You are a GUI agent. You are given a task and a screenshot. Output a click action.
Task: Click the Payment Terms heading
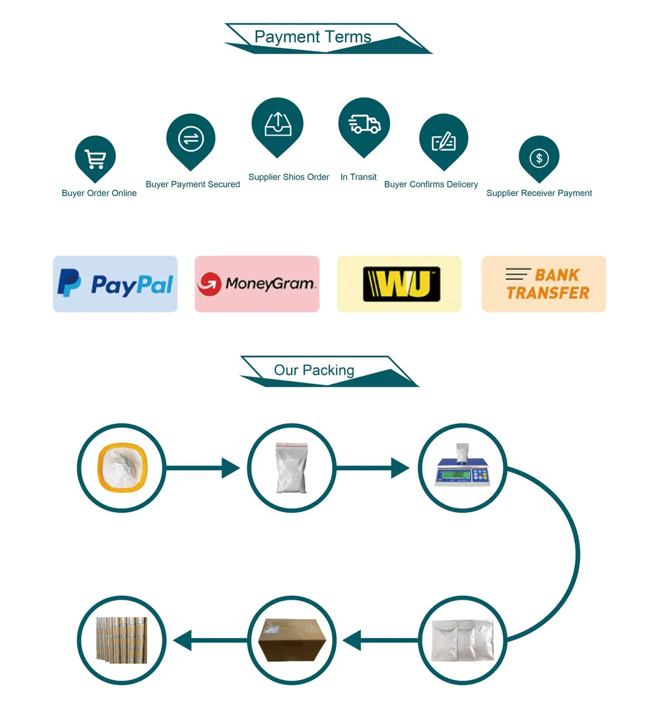tap(312, 37)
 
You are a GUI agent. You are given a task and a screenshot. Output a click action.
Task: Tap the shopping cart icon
tap(95, 159)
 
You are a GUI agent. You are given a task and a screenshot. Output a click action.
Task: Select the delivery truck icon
tap(364, 124)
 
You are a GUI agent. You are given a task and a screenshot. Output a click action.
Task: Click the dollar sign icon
tap(539, 158)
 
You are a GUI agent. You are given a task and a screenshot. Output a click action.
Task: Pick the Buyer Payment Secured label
tap(192, 184)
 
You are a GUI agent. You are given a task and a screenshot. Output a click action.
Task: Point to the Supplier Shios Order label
tap(289, 177)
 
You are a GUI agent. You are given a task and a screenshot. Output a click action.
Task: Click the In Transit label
tap(358, 177)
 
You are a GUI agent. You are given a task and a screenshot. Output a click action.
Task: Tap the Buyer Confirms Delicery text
tap(431, 184)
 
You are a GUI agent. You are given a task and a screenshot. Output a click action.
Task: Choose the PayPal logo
tap(115, 284)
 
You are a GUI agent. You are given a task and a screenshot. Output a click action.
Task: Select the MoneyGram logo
tap(257, 284)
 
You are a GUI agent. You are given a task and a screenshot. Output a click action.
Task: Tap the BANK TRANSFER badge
tap(544, 284)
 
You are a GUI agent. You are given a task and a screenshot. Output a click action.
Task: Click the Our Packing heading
tap(314, 370)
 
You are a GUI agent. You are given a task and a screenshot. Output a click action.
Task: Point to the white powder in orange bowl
tap(122, 468)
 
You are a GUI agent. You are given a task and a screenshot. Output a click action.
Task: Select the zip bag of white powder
tap(291, 468)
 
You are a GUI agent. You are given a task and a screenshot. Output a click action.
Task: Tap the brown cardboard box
tap(292, 640)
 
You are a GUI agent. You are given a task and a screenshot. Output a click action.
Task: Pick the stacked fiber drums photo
tap(122, 640)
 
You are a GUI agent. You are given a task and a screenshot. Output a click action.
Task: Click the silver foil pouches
tap(462, 640)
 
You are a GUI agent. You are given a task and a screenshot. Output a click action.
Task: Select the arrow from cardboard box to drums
tap(209, 640)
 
